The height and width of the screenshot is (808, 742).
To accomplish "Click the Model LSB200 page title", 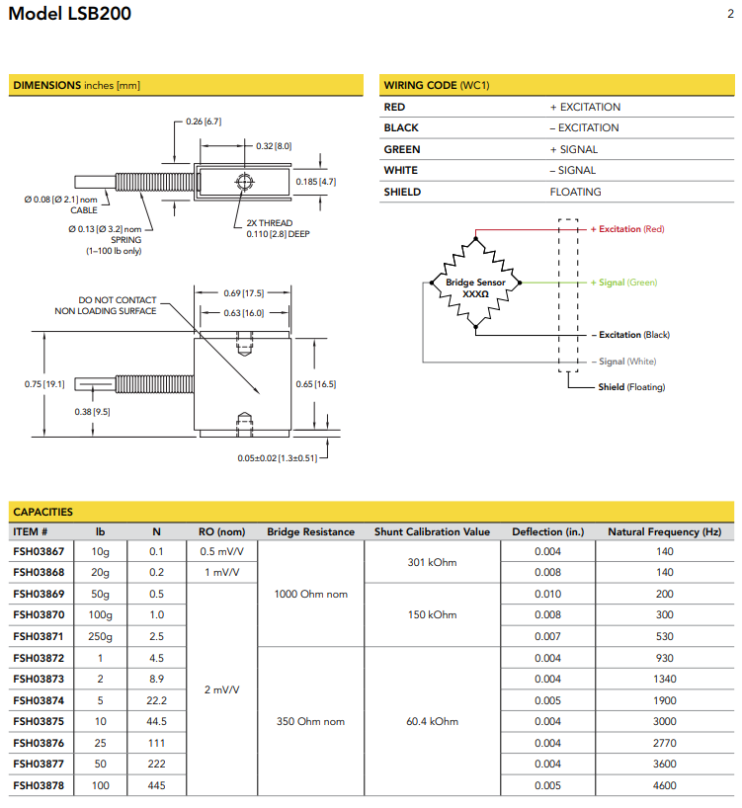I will pyautogui.click(x=69, y=15).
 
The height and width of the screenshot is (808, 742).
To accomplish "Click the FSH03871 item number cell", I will pyautogui.click(x=38, y=636).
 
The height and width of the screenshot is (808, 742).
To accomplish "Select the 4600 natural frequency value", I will pyautogui.click(x=664, y=785).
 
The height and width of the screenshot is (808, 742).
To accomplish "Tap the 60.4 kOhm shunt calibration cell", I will pyautogui.click(x=432, y=721).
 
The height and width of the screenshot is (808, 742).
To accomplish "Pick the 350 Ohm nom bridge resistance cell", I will pyautogui.click(x=310, y=721).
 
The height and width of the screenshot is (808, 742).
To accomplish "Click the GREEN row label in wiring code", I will pyautogui.click(x=402, y=149).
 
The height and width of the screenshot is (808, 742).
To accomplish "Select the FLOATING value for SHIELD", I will pyautogui.click(x=575, y=192).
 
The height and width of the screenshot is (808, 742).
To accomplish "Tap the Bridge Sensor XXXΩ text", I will pyautogui.click(x=475, y=288).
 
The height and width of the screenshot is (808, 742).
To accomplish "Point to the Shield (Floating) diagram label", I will pyautogui.click(x=631, y=387).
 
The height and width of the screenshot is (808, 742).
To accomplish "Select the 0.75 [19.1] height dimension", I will pyautogui.click(x=44, y=383).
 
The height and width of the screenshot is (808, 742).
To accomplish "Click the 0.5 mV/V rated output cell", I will pyautogui.click(x=221, y=551).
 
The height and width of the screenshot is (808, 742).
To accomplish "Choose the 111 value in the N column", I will pyautogui.click(x=156, y=743).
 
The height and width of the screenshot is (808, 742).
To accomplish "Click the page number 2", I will pyautogui.click(x=729, y=14).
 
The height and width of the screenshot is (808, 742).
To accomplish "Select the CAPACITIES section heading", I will pyautogui.click(x=42, y=512).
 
